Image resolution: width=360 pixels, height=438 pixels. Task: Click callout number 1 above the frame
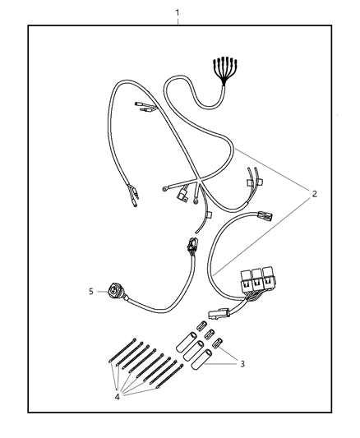click(178, 13)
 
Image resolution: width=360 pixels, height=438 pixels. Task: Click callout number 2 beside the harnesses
click(315, 194)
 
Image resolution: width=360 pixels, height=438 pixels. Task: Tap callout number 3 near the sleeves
click(242, 364)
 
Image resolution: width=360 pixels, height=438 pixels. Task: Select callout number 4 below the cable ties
click(117, 397)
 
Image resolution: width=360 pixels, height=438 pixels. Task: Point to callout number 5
click(91, 292)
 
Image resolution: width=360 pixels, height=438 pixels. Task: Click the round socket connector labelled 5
click(114, 292)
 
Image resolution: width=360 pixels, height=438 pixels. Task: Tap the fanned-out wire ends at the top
click(225, 70)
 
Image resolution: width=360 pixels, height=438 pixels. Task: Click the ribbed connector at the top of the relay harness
click(264, 216)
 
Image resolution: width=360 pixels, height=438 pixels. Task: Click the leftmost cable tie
click(122, 350)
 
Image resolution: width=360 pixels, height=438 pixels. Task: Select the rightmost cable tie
click(169, 376)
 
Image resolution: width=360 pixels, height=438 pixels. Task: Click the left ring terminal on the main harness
click(164, 190)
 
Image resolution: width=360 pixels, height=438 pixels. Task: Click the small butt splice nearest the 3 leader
click(218, 343)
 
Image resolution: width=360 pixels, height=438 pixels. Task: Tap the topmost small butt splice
click(201, 325)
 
